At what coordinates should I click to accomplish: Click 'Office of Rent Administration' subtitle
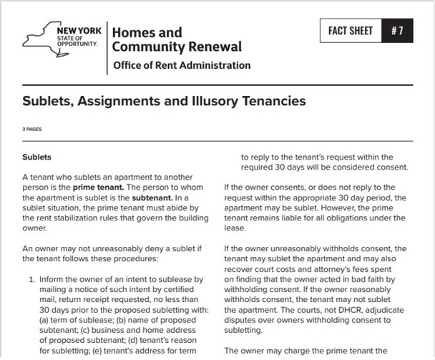coord(182,66)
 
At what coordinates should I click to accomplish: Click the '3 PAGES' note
coord(32,130)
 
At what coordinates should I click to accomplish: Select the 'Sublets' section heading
coord(37,155)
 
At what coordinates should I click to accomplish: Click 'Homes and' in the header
coord(147,33)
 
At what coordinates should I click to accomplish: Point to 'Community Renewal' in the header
coord(177,47)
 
